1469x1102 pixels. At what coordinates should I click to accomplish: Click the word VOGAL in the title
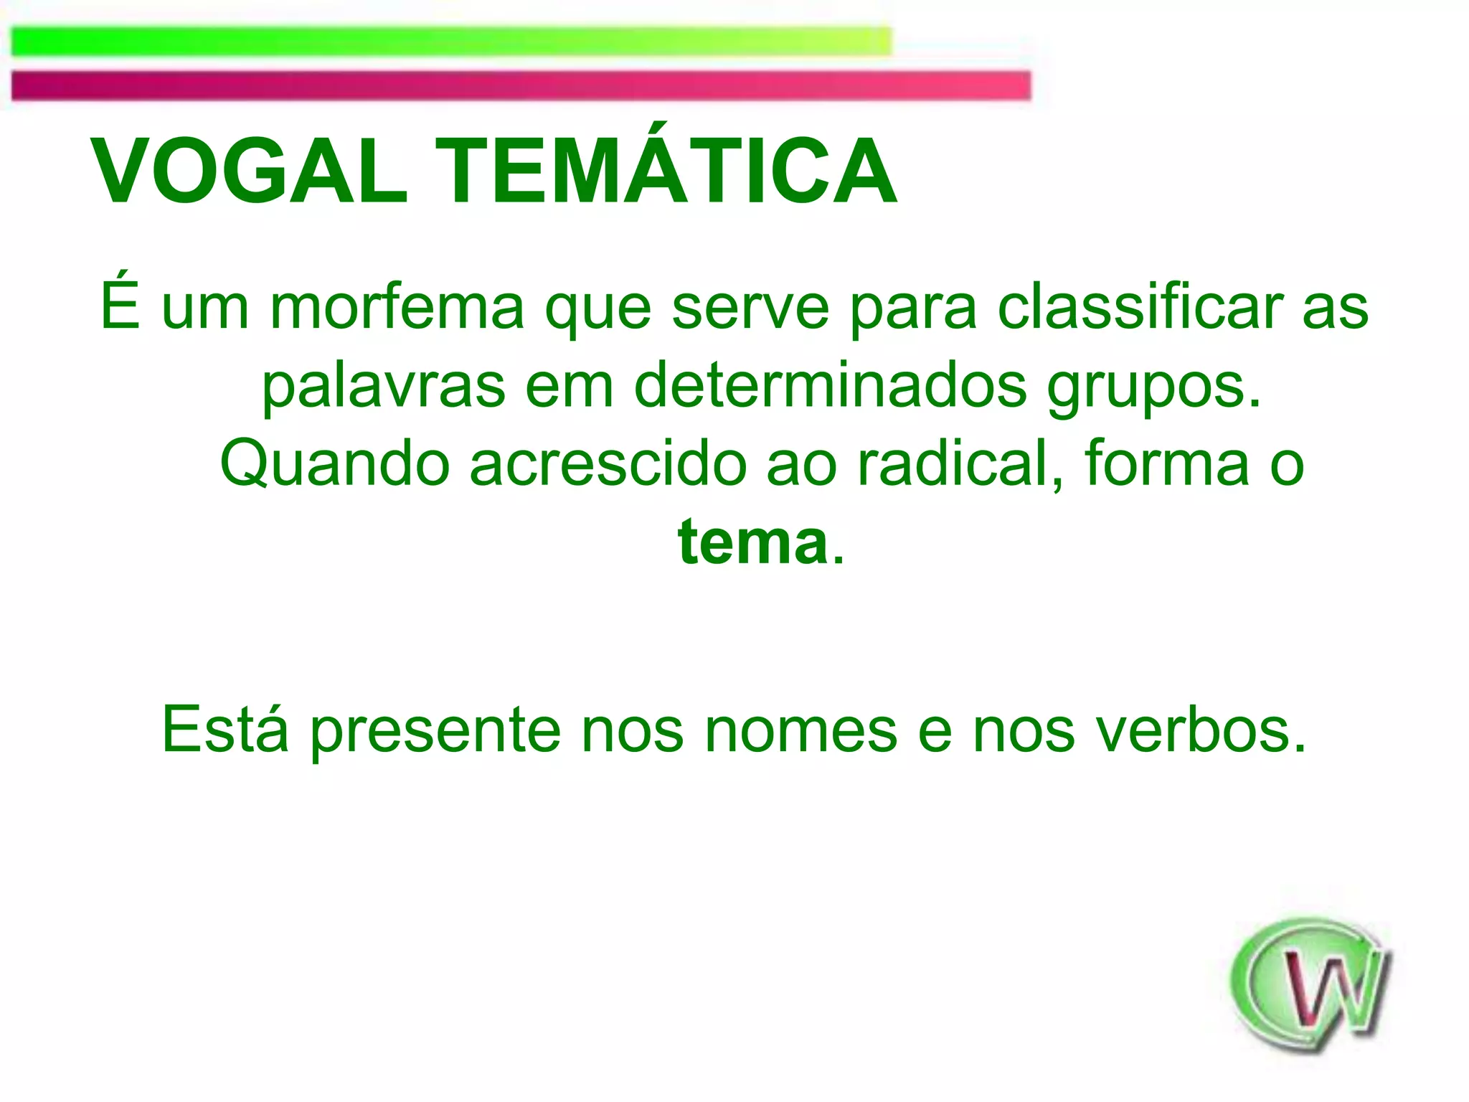tap(249, 172)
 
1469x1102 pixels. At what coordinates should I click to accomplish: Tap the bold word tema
tap(752, 543)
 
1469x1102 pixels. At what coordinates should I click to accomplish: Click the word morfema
tap(397, 307)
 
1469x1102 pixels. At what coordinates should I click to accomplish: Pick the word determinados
tap(831, 386)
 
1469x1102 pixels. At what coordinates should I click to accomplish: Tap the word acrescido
tap(608, 464)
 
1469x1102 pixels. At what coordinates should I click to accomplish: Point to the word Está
tap(225, 730)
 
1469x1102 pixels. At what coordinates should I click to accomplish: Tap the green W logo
tap(1310, 986)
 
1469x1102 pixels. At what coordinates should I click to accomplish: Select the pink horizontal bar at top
tap(521, 85)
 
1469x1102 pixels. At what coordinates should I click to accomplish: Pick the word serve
tap(750, 307)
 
